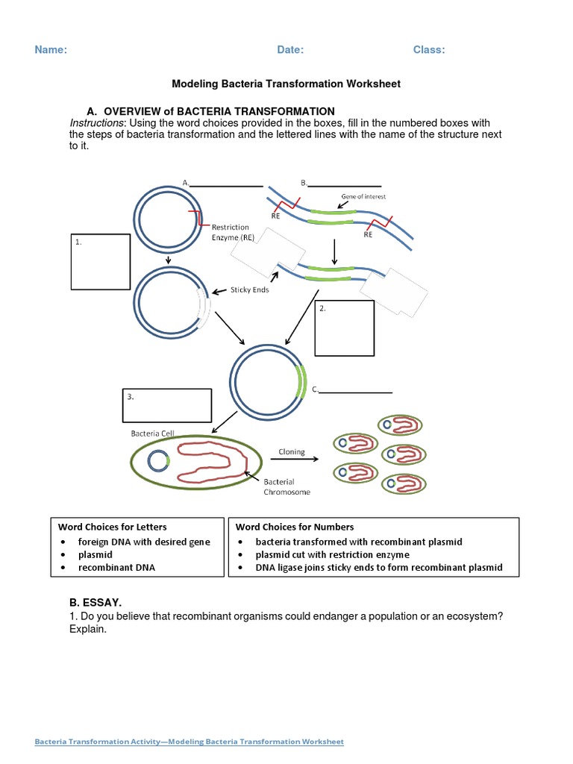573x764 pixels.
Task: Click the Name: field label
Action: coord(51,50)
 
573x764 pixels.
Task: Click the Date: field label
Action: coord(290,50)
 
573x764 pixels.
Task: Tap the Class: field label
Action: coord(429,50)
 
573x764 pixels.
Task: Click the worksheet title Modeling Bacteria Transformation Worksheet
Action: coord(286,84)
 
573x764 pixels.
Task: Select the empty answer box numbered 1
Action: coord(101,261)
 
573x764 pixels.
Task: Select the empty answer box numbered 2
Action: coord(344,328)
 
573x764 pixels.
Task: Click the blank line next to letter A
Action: coord(228,185)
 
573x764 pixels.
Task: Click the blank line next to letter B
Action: coord(345,185)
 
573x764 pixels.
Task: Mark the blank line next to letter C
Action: coord(356,391)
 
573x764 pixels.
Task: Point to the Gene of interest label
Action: coord(363,197)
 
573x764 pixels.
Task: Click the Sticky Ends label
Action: coord(249,290)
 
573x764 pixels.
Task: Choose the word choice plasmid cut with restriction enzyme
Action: coord(332,555)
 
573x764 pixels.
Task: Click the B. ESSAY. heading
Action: coord(95,601)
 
